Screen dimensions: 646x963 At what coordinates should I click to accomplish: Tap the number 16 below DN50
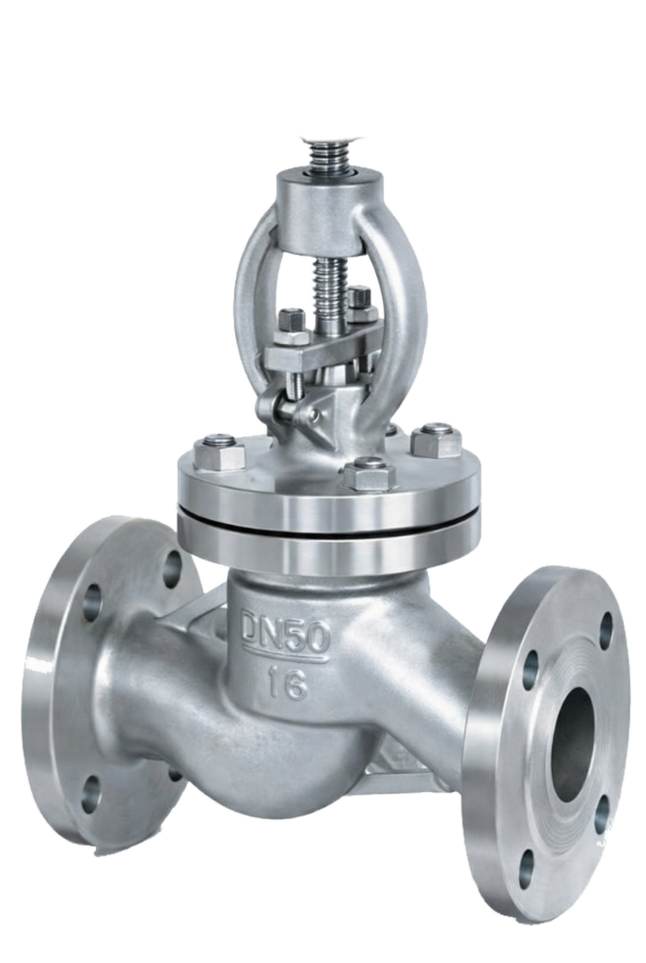286,685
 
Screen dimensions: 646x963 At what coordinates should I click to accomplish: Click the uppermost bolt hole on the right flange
607,630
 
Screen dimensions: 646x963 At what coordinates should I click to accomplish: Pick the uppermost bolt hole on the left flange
174,565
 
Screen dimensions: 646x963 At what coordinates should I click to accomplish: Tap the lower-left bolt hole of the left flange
90,794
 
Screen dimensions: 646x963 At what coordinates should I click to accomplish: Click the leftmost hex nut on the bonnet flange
219,451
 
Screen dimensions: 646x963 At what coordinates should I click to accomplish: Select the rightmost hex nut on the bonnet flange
436,440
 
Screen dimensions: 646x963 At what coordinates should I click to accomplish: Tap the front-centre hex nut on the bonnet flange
369,474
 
